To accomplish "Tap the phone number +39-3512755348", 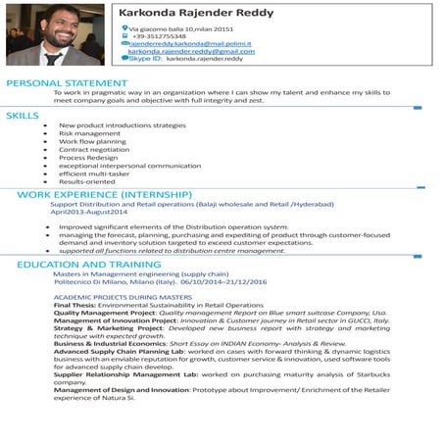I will point(159,36).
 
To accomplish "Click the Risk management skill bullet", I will point(90,133).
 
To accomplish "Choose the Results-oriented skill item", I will point(86,181).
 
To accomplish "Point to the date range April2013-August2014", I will point(89,212).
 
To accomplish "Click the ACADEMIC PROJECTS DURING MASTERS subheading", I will point(123,296).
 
